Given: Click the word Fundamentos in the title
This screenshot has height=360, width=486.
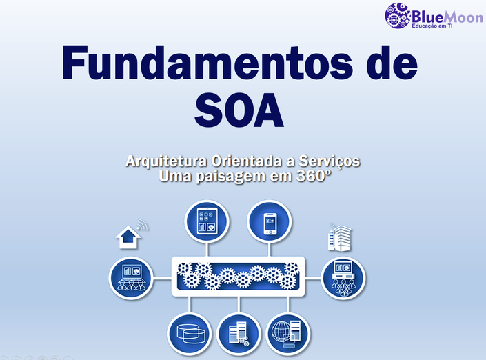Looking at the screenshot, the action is (x=207, y=63).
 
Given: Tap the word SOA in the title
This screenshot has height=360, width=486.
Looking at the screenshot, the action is (x=239, y=110).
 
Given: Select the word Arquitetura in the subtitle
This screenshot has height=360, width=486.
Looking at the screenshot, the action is (x=166, y=161).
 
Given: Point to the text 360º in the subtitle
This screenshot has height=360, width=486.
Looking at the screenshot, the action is (x=314, y=176).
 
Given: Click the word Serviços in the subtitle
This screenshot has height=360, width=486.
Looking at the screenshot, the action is (x=329, y=162).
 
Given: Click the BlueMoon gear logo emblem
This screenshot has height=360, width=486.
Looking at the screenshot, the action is (x=398, y=15).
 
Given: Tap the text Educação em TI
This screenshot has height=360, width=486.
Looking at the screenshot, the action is (x=432, y=26).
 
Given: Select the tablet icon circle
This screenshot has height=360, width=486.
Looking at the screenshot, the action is (x=207, y=221).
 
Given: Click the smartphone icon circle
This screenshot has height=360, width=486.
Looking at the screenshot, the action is (x=270, y=221).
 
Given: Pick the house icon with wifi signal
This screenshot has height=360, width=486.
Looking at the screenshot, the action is (x=131, y=234).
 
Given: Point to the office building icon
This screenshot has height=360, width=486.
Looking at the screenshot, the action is (x=340, y=237).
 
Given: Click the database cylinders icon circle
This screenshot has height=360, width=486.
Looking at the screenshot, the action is (x=190, y=334).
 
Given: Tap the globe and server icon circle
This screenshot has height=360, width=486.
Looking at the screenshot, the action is (x=288, y=334).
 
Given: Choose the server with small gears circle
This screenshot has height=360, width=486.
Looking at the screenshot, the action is (x=239, y=334).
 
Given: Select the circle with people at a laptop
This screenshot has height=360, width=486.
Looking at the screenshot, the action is (x=131, y=278).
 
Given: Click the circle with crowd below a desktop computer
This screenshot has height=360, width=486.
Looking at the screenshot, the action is (x=343, y=278).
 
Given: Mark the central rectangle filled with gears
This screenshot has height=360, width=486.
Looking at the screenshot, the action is (x=239, y=277).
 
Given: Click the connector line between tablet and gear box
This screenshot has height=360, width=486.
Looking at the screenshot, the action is (x=207, y=250).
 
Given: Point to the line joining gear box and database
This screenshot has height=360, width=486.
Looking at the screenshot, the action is (x=190, y=305).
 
